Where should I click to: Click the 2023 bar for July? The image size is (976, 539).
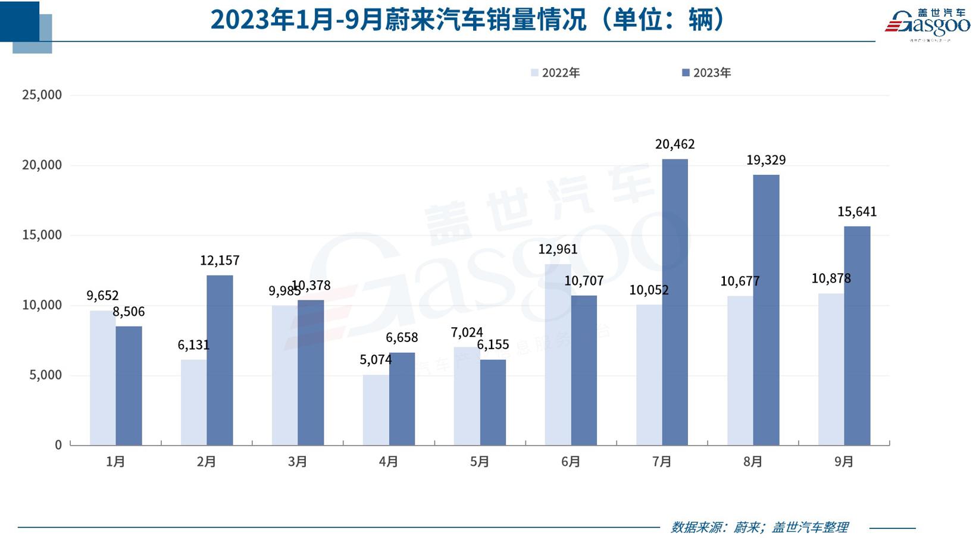point(674,302)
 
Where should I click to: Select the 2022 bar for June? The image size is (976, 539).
point(558,355)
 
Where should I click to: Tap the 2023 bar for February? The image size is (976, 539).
point(220,360)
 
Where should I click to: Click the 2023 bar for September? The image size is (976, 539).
point(857,336)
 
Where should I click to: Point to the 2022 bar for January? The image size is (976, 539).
point(102,377)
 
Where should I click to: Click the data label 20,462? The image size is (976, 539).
point(675,144)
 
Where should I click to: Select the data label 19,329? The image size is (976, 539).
point(766,160)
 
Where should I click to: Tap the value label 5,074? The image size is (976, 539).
point(376,359)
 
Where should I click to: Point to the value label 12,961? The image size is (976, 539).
point(558,249)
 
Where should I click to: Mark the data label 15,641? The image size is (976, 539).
point(857,212)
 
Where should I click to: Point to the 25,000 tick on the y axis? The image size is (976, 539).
point(42,95)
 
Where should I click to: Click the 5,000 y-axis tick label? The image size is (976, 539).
point(45,375)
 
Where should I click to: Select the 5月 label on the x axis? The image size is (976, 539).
point(479,462)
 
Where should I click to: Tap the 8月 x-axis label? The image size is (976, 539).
point(752,462)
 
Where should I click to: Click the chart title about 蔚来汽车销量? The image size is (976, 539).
point(468,20)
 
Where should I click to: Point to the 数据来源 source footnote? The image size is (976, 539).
point(759,527)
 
